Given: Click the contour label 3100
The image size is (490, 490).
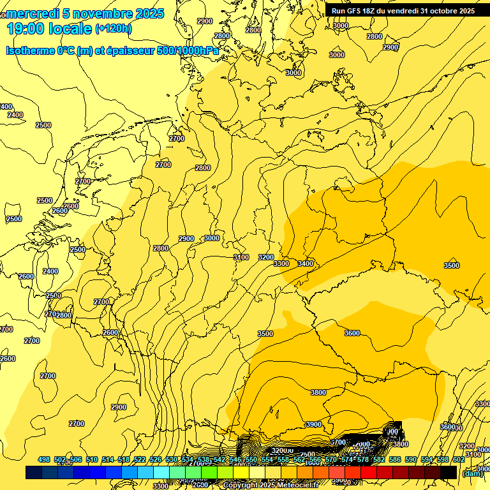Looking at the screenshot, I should pyautogui.click(x=241, y=257).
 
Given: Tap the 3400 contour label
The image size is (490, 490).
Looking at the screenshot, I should pyautogui.click(x=306, y=264).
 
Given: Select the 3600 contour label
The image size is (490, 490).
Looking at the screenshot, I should pyautogui.click(x=352, y=333).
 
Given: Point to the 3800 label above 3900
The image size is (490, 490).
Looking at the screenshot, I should pyautogui.click(x=318, y=393).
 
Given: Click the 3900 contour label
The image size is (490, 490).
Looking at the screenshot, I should pyautogui.click(x=313, y=424).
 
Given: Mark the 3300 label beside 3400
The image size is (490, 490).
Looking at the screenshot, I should pyautogui.click(x=281, y=264).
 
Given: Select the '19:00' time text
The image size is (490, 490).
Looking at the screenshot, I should pyautogui.click(x=26, y=29).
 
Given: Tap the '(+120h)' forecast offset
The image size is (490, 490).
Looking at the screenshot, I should pyautogui.click(x=114, y=29).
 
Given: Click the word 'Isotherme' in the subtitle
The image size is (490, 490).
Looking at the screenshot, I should pyautogui.click(x=31, y=51).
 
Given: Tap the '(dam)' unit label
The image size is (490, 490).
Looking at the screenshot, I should pyautogui.click(x=471, y=473).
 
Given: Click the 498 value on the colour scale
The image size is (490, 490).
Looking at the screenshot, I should pyautogui.click(x=44, y=459).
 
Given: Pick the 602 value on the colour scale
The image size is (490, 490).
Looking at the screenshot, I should pyautogui.click(x=458, y=459).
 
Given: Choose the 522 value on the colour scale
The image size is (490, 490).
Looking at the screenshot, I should pyautogui.click(x=140, y=459).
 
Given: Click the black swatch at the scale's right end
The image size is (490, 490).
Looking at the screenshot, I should pyautogui.click(x=449, y=473).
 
